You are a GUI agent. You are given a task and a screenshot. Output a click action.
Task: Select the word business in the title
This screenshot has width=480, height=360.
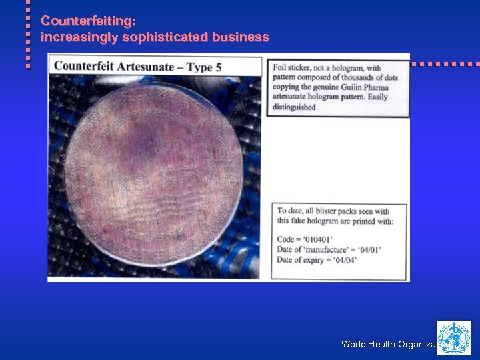(241, 37)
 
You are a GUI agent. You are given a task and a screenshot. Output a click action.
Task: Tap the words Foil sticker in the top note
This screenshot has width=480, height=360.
(293, 67)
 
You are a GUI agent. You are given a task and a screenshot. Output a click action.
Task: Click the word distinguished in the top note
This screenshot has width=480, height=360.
(294, 107)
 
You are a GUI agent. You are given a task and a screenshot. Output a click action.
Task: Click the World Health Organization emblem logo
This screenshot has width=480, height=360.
(453, 337)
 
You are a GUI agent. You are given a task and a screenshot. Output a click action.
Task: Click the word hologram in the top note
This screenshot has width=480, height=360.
(351, 67)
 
